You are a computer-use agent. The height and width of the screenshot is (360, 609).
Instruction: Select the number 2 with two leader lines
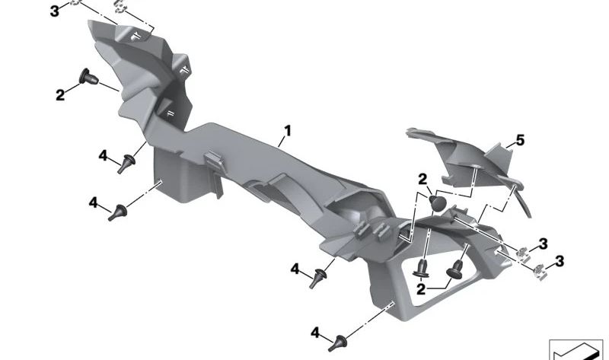click(421, 290)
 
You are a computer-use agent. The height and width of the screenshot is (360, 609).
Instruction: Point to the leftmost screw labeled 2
click(86, 76)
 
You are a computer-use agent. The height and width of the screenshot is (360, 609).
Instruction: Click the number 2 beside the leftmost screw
click(59, 95)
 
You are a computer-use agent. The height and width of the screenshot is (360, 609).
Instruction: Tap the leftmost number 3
click(54, 11)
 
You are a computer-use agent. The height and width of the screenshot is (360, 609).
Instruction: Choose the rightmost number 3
click(560, 262)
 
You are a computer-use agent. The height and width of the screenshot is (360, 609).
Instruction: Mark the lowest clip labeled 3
click(538, 269)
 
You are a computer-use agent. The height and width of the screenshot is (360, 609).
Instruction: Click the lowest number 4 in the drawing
click(315, 333)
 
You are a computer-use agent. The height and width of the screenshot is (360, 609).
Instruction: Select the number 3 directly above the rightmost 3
click(543, 244)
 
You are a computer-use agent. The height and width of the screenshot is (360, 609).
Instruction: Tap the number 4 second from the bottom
click(295, 268)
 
